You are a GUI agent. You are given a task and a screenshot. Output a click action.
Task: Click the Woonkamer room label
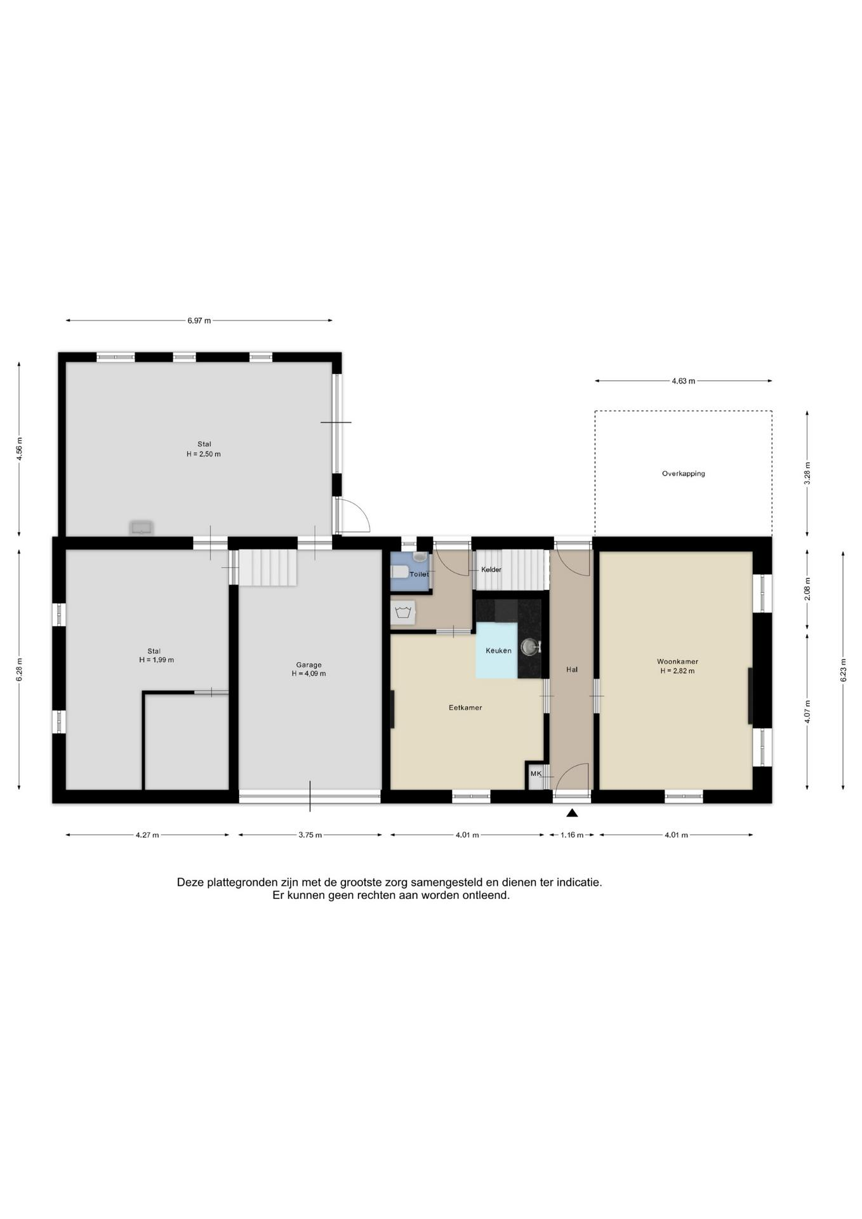click(677, 662)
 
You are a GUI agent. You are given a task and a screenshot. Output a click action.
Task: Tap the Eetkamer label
click(465, 707)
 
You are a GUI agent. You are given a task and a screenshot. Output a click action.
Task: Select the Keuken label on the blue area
click(498, 651)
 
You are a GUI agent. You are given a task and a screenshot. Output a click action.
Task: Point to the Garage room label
click(308, 665)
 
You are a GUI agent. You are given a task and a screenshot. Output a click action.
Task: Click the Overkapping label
click(683, 474)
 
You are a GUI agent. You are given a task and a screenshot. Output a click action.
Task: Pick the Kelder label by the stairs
click(491, 570)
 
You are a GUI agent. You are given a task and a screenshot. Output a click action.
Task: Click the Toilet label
click(419, 574)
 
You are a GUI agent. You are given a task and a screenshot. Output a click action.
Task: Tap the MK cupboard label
click(536, 774)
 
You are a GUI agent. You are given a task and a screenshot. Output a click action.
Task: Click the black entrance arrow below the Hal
click(572, 813)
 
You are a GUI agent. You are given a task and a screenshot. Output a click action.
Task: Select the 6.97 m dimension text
click(199, 321)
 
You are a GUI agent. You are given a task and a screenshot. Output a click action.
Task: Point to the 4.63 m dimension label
click(683, 381)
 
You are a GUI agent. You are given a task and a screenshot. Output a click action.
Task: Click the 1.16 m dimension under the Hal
click(571, 835)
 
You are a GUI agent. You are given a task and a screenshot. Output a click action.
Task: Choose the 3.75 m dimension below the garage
click(310, 835)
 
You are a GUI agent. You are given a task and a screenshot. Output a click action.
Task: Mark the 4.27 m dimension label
click(147, 835)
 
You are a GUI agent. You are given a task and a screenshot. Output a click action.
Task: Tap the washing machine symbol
click(402, 613)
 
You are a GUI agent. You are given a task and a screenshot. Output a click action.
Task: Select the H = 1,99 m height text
click(156, 660)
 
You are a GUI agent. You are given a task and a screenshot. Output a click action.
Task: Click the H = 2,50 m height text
click(203, 454)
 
